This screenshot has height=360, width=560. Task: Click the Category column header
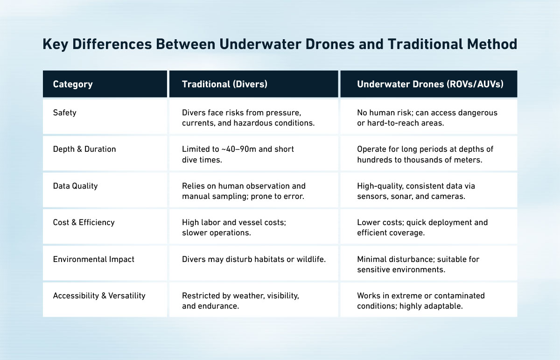(73, 85)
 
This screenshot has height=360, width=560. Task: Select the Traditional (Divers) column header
(224, 85)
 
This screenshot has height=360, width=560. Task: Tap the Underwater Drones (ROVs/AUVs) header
(430, 85)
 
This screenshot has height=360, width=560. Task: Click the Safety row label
(65, 113)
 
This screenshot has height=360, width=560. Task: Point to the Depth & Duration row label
(84, 149)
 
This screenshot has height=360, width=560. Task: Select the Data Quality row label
(76, 186)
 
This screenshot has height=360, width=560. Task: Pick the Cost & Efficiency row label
(84, 222)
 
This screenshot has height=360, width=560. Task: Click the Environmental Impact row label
(93, 259)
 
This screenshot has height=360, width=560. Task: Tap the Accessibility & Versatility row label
(99, 296)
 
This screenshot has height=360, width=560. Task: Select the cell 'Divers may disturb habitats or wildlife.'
(253, 259)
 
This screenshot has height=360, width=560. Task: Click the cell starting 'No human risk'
(427, 118)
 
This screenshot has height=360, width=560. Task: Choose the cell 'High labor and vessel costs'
(234, 227)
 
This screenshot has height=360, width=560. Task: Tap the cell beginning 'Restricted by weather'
(240, 300)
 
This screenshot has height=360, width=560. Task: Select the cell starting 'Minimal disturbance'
(418, 264)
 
